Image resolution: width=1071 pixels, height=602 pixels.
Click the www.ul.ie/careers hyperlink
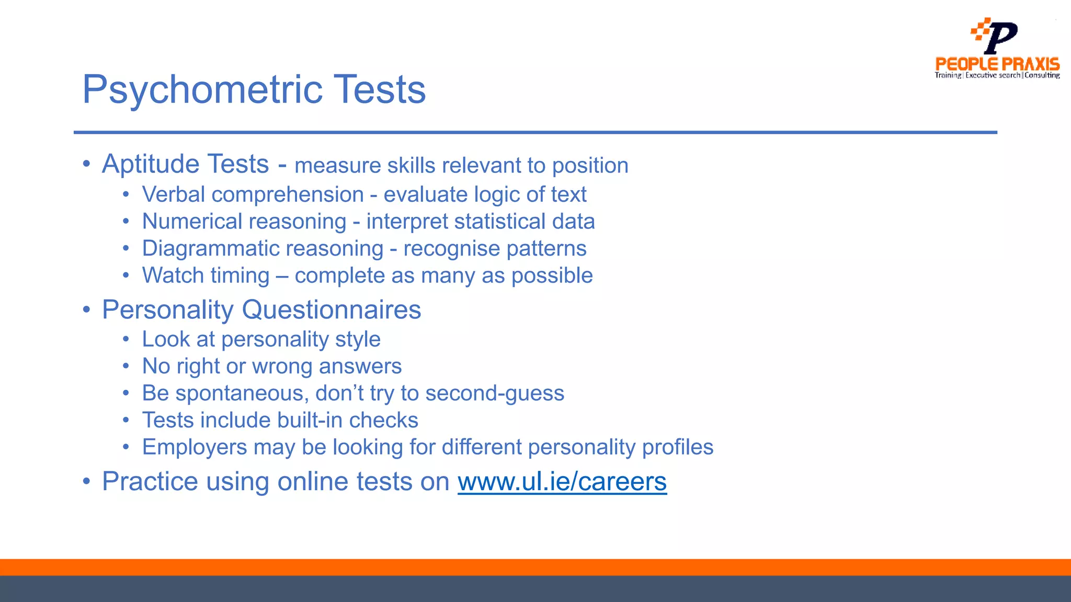[x=562, y=482]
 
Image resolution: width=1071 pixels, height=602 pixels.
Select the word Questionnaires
[x=331, y=310]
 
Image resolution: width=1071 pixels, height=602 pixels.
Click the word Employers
[x=195, y=447]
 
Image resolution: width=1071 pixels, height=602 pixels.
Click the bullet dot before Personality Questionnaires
[x=86, y=310]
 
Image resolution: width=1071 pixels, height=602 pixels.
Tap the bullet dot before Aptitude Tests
[x=86, y=164]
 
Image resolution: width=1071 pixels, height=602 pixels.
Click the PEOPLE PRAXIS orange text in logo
[x=997, y=64]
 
